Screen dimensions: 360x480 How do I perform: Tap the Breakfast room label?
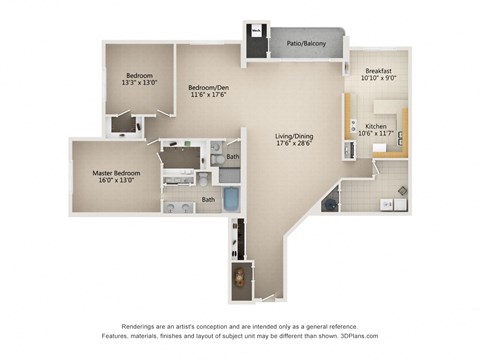click(x=378, y=71)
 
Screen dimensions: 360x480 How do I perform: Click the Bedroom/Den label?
click(x=208, y=88)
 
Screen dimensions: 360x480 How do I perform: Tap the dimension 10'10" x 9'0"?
click(x=378, y=80)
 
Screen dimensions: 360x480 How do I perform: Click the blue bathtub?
click(x=229, y=199)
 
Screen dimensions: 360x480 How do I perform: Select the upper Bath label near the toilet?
click(x=232, y=157)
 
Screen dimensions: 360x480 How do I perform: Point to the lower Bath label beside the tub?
click(x=209, y=199)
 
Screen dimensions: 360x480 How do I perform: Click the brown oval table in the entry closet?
click(x=240, y=277)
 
